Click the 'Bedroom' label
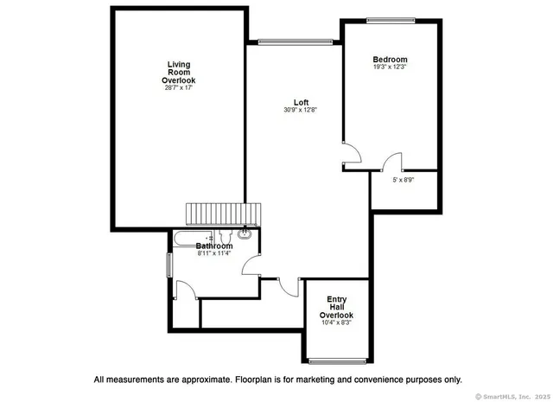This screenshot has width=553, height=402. [x=390, y=59]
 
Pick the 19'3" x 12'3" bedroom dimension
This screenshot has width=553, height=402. [x=390, y=67]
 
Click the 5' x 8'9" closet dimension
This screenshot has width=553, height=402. [x=404, y=180]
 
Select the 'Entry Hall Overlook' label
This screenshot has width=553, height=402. [x=336, y=307]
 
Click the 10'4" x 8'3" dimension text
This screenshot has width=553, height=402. [x=336, y=323]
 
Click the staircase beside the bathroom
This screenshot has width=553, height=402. [x=223, y=214]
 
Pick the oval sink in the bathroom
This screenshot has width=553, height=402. [x=245, y=233]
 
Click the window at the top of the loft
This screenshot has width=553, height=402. [x=295, y=40]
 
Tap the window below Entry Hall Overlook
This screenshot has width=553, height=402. [x=335, y=360]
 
